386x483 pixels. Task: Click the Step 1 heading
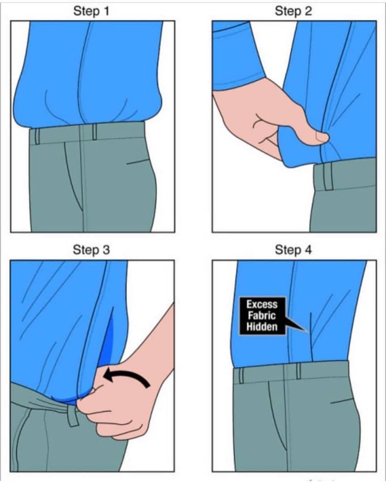91,11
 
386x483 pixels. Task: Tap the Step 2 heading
294,11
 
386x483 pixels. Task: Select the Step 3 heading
91,250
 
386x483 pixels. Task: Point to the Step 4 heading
294,250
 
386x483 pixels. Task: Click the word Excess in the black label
262,305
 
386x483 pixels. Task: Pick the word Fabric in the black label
262,315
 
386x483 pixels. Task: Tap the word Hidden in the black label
262,326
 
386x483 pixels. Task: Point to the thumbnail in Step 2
322,137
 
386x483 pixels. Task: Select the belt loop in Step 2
328,177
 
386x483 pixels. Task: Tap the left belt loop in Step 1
37,137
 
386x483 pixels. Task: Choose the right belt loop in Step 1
95,132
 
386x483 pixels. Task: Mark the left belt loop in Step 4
241,376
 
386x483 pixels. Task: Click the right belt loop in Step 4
298,371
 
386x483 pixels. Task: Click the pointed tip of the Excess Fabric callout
308,332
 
